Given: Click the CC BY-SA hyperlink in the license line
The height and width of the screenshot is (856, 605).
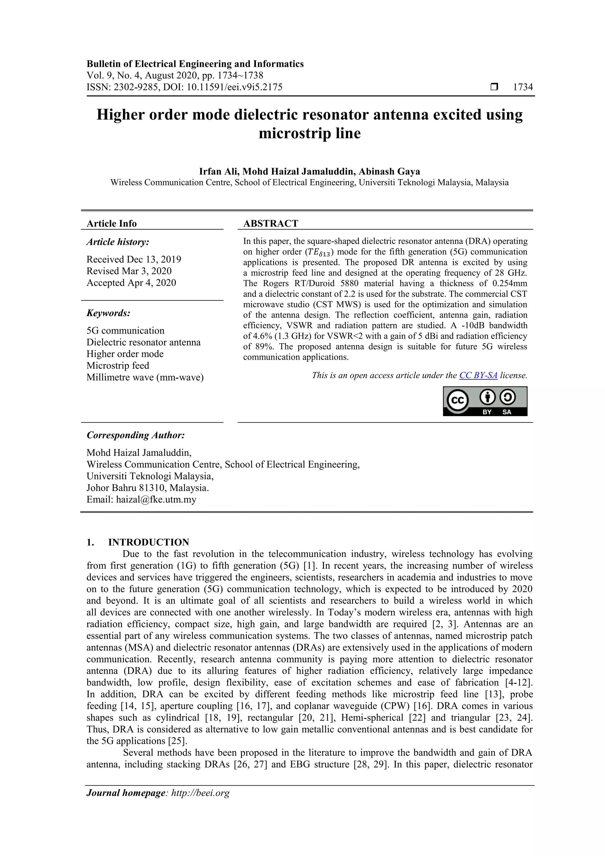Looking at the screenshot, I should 478,376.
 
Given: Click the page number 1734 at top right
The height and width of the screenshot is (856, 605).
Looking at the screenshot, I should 523,87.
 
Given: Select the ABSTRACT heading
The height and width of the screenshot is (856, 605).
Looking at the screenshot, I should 271,223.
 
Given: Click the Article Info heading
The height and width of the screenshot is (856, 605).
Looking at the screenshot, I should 111,223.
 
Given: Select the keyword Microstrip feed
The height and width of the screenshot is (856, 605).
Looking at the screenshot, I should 118,366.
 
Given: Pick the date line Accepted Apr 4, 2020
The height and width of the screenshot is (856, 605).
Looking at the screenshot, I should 131,283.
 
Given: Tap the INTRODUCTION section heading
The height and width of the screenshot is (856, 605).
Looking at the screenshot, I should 148,542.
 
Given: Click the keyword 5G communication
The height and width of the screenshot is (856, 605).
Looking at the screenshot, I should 125,331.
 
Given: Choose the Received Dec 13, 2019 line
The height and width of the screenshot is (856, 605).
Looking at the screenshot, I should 134,259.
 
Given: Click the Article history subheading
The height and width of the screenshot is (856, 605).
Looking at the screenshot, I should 118,242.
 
